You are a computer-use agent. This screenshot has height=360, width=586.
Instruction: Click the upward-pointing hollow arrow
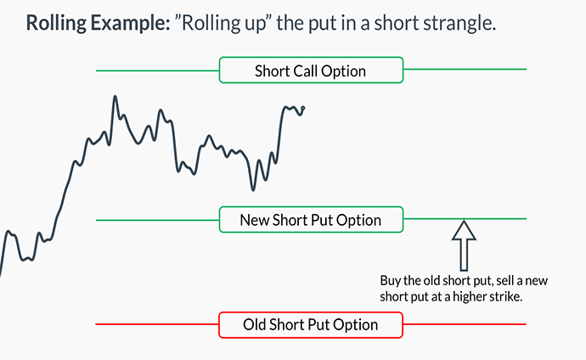pos(464,245)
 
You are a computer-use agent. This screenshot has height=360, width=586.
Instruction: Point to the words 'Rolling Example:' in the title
pos(98,23)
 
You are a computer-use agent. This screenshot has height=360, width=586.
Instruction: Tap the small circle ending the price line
pos(302,109)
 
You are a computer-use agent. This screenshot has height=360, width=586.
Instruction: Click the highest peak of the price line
pos(116,96)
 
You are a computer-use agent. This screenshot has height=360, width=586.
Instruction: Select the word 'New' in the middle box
pos(255,220)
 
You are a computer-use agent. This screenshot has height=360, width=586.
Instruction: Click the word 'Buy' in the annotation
pos(390,280)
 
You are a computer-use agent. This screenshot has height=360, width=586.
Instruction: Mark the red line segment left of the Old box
pos(157,324)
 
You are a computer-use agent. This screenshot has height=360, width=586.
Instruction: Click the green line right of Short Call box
pos(465,69)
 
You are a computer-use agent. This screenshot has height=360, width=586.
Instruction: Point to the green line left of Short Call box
pos(157,70)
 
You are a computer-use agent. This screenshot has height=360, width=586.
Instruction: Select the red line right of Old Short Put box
pos(465,324)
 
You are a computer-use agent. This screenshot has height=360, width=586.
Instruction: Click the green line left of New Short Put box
pos(157,220)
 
